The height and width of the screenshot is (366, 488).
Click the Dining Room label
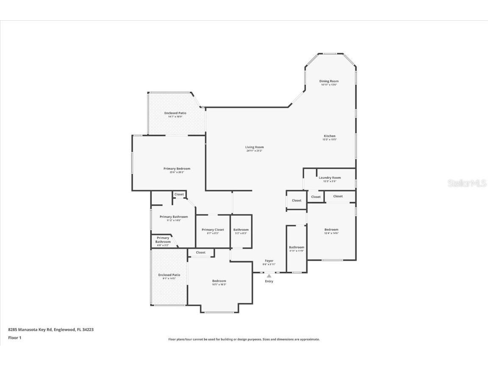329,81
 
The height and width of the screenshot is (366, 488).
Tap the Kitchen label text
330,136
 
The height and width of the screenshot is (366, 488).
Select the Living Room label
254,147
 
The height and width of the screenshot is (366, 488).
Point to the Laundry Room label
330,178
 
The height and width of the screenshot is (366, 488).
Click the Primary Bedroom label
177,169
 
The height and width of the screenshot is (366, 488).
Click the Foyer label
269,261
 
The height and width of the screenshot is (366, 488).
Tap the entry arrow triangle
269,276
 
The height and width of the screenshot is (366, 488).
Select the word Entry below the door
269,281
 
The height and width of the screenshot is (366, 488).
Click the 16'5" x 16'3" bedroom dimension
219,285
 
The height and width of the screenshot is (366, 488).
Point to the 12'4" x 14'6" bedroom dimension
331,233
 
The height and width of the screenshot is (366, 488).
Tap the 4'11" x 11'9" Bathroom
297,249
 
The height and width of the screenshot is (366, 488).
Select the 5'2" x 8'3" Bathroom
241,231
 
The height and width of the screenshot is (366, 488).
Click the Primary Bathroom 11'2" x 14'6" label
174,218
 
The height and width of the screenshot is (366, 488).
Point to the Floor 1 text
14,338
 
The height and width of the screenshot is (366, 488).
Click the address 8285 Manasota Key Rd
30,329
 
